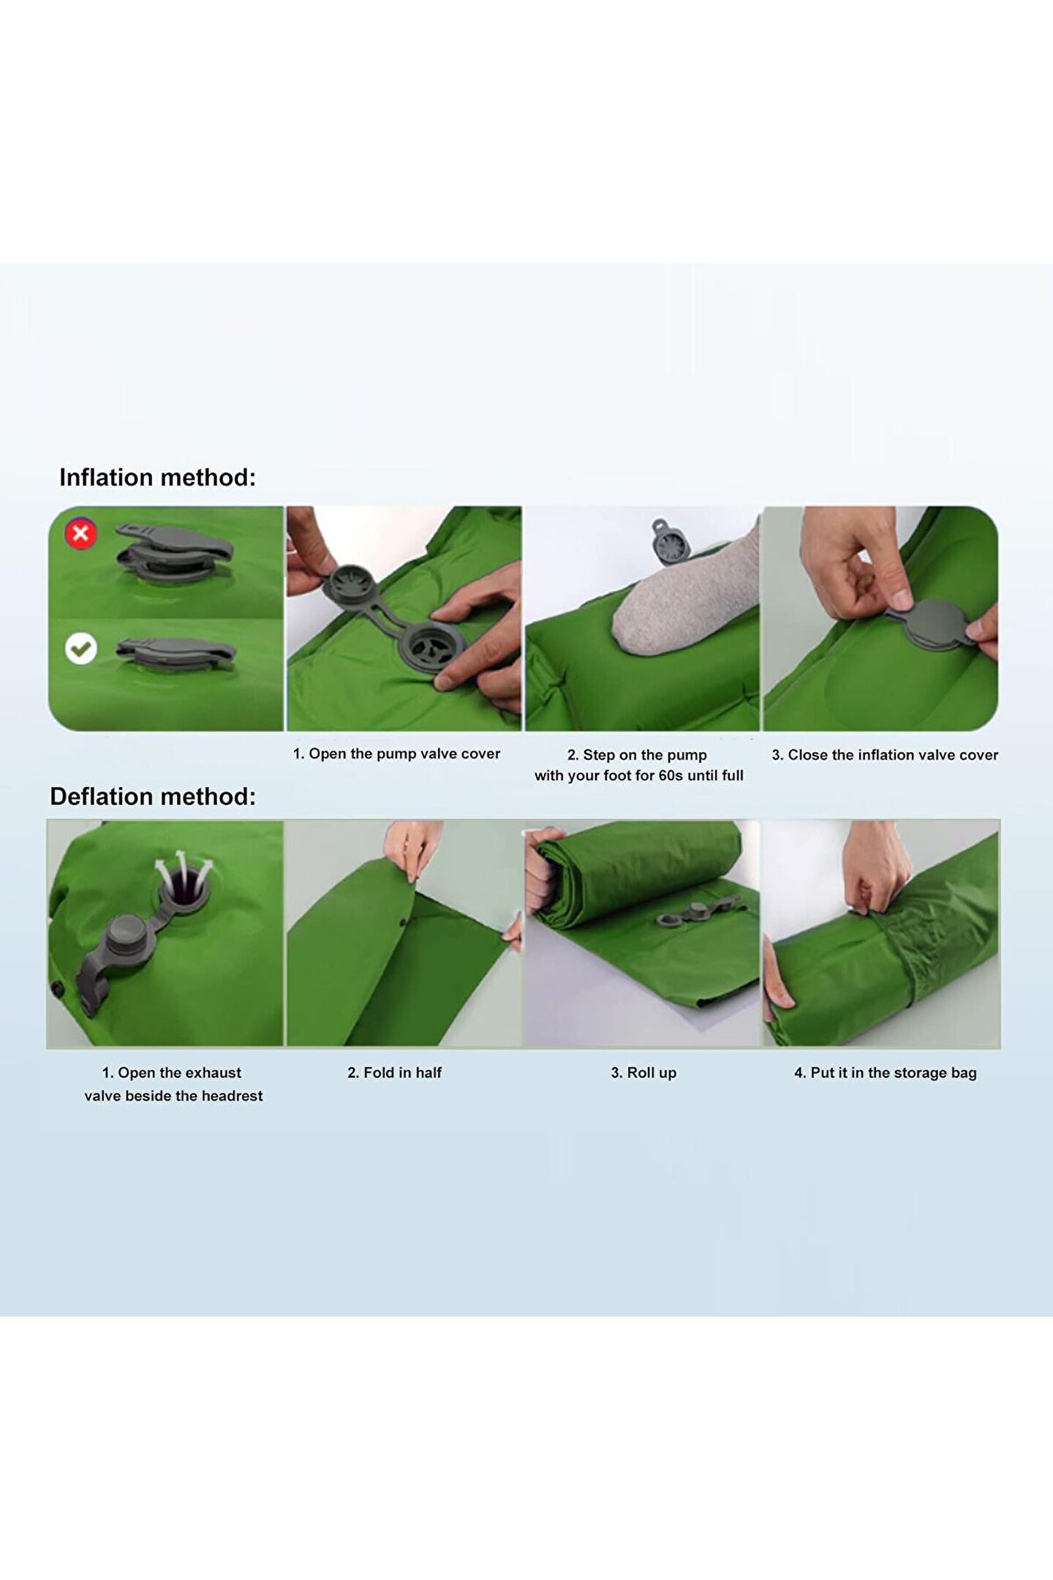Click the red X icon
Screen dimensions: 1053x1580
coord(81,533)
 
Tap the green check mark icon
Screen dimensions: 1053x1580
coord(81,648)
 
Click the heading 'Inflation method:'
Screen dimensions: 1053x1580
coord(158,478)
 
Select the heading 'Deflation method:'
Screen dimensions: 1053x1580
coord(153,797)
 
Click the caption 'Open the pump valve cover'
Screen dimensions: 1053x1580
coord(404,753)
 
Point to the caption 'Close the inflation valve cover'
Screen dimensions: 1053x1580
coord(893,755)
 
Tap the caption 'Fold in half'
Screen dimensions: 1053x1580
coord(403,1072)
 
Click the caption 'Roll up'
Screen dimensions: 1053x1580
coord(652,1073)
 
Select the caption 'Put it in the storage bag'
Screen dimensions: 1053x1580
coord(894,1073)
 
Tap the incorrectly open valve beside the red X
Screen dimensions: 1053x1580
coord(174,554)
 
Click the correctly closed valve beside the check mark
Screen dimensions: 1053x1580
coord(175,652)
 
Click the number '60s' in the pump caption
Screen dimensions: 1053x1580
coord(671,775)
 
